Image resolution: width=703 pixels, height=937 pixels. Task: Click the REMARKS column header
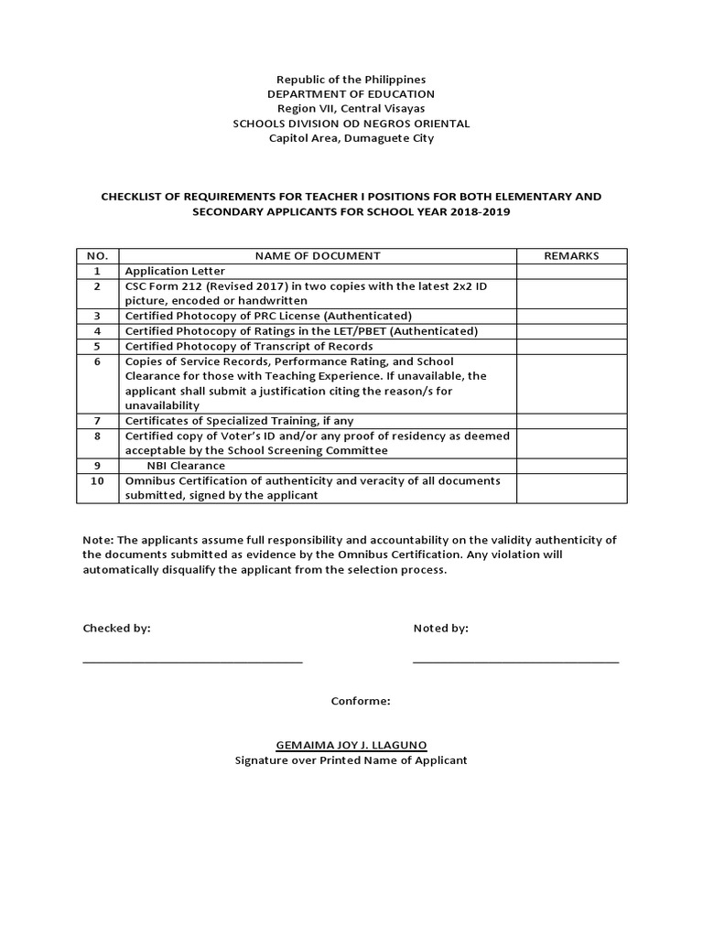click(571, 256)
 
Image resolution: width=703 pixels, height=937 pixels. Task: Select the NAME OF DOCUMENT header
click(318, 256)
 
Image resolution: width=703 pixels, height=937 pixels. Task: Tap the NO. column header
click(98, 256)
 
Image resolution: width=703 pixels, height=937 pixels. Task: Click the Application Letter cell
click(175, 271)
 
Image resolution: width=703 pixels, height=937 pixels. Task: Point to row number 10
click(98, 480)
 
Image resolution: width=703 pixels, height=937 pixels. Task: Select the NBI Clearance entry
click(186, 466)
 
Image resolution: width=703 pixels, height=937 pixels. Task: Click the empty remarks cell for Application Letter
click(571, 271)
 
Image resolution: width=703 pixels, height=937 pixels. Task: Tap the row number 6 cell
click(98, 361)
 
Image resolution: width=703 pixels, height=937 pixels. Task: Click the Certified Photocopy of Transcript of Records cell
click(249, 346)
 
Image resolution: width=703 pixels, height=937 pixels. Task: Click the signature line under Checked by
click(192, 661)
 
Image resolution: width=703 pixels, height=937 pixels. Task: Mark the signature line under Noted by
click(515, 661)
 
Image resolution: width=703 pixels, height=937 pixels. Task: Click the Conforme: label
click(361, 702)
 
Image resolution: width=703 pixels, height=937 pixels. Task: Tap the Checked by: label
click(116, 629)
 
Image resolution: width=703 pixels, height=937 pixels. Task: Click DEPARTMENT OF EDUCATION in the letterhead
click(351, 94)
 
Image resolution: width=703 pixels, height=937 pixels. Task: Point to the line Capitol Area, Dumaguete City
click(351, 138)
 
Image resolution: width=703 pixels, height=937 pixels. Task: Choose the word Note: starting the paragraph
click(98, 540)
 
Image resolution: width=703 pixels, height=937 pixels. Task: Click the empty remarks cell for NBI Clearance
click(571, 466)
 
